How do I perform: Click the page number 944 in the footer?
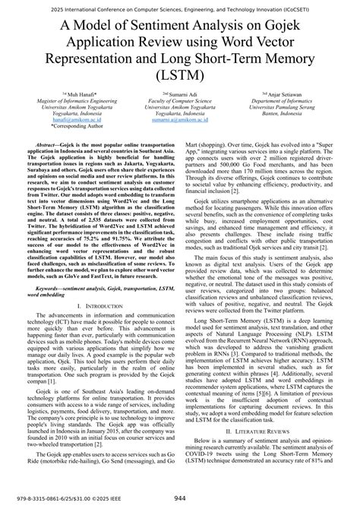click(180, 498)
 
